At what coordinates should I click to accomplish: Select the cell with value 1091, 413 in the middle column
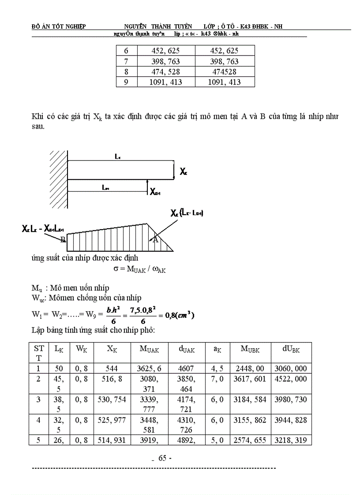coord(166,82)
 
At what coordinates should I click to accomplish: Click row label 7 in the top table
coord(126,62)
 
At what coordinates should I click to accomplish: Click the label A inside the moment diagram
coord(154,240)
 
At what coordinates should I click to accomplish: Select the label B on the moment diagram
coord(63,239)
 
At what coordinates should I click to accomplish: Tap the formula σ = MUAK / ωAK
coord(137,269)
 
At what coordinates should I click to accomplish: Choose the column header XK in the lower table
coord(112,349)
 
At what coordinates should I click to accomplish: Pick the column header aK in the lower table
coord(217,349)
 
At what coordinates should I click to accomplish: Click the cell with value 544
coord(112,368)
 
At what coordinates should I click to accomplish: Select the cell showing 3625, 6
coord(150,368)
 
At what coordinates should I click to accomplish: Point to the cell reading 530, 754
coord(112,399)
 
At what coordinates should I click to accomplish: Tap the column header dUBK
coord(291,349)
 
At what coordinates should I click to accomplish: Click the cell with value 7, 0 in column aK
coord(217,379)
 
